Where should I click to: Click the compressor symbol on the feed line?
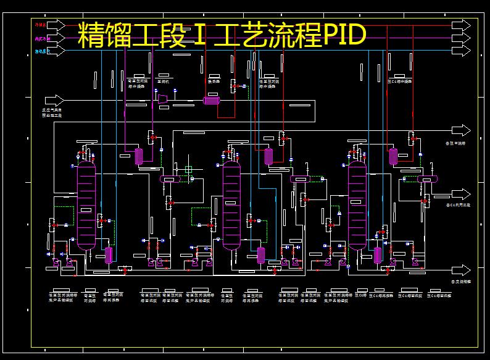click(x=163, y=99)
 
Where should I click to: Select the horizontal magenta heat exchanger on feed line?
click(x=212, y=100)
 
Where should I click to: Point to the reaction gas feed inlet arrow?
click(x=56, y=100)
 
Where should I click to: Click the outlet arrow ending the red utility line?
click(x=460, y=25)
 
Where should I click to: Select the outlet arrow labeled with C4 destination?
click(x=460, y=194)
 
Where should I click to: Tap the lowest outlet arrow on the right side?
click(x=460, y=270)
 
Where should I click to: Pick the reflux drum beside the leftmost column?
click(x=169, y=178)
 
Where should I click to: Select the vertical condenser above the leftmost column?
click(x=139, y=156)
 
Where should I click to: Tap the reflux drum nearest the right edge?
click(x=427, y=178)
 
